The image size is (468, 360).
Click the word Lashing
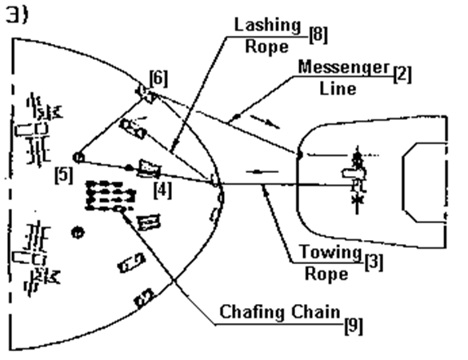(x=267, y=25)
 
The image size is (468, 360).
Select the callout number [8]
(x=318, y=35)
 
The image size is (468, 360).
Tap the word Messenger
(x=345, y=68)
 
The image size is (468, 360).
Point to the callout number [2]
(x=402, y=74)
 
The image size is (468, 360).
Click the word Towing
(x=330, y=251)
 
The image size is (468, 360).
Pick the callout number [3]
(x=374, y=262)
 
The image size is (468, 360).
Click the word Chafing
(x=252, y=312)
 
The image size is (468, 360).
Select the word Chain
(x=316, y=311)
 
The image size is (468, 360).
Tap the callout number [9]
(x=354, y=326)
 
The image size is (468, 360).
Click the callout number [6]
(x=158, y=78)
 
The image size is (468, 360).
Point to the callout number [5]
(x=64, y=175)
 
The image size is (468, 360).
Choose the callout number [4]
(x=163, y=190)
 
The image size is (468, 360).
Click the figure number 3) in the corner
(x=17, y=15)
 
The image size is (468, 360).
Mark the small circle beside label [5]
(x=78, y=158)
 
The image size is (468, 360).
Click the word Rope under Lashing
(x=267, y=46)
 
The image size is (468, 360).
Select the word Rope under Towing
(x=326, y=273)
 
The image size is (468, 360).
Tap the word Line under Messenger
(x=338, y=88)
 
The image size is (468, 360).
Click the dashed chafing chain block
(x=110, y=195)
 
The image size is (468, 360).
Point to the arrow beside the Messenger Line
(x=265, y=122)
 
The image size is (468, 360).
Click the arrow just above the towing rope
(x=262, y=172)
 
